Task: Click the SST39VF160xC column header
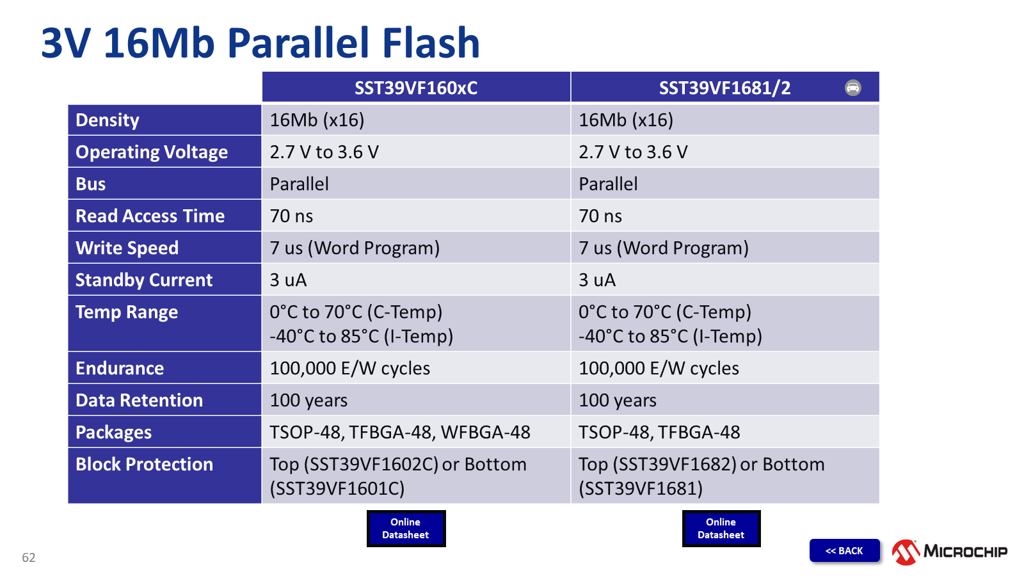416,88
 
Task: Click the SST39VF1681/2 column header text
724,88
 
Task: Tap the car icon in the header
852,88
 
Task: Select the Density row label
108,120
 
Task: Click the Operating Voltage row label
152,152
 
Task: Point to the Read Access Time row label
150,216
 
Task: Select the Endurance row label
120,368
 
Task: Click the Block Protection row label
145,464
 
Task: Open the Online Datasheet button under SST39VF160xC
406,529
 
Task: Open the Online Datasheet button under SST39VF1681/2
721,529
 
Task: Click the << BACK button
844,550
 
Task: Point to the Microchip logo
950,552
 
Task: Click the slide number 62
29,557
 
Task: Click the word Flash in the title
431,43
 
